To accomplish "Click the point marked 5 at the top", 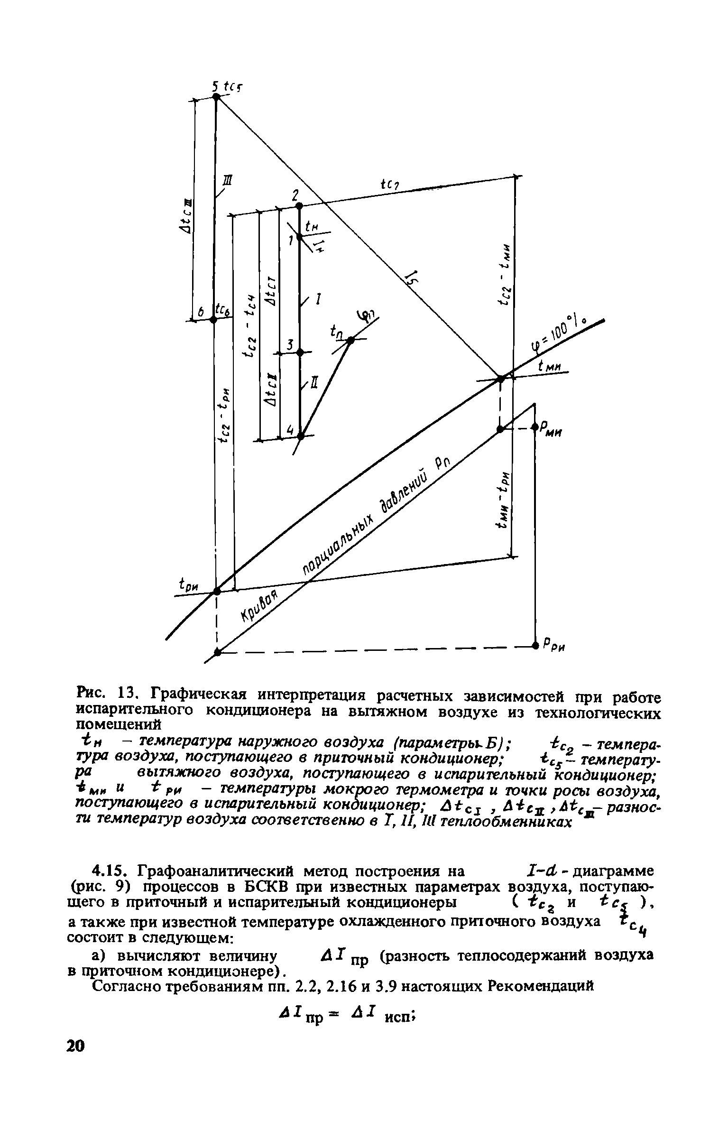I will [216, 97].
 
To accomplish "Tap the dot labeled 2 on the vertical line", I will [299, 205].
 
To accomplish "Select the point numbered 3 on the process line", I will [299, 352].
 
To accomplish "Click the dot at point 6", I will [213, 320].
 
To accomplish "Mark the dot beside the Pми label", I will [534, 426].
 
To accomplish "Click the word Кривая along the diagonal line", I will [259, 608].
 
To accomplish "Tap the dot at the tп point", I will [350, 340].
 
